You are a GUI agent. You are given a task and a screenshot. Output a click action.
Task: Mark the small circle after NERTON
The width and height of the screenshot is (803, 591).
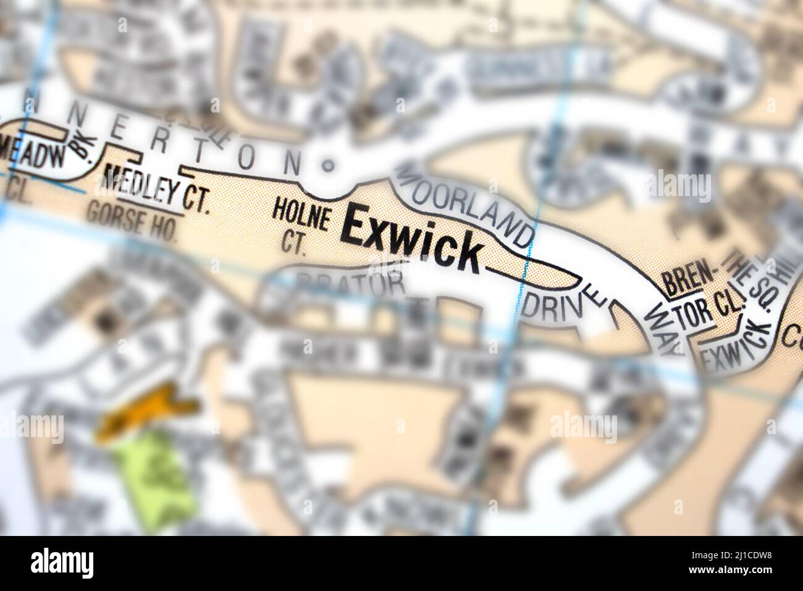(328, 165)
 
